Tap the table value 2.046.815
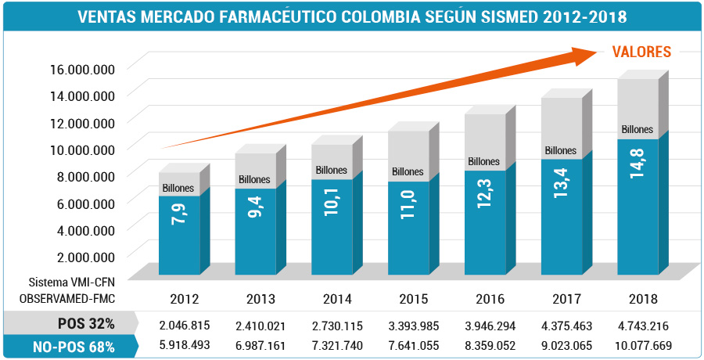[185, 324]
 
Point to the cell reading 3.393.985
[413, 324]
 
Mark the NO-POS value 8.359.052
[489, 344]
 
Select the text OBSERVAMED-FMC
[70, 298]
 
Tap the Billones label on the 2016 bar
[483, 162]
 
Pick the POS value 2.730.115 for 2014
[337, 324]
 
